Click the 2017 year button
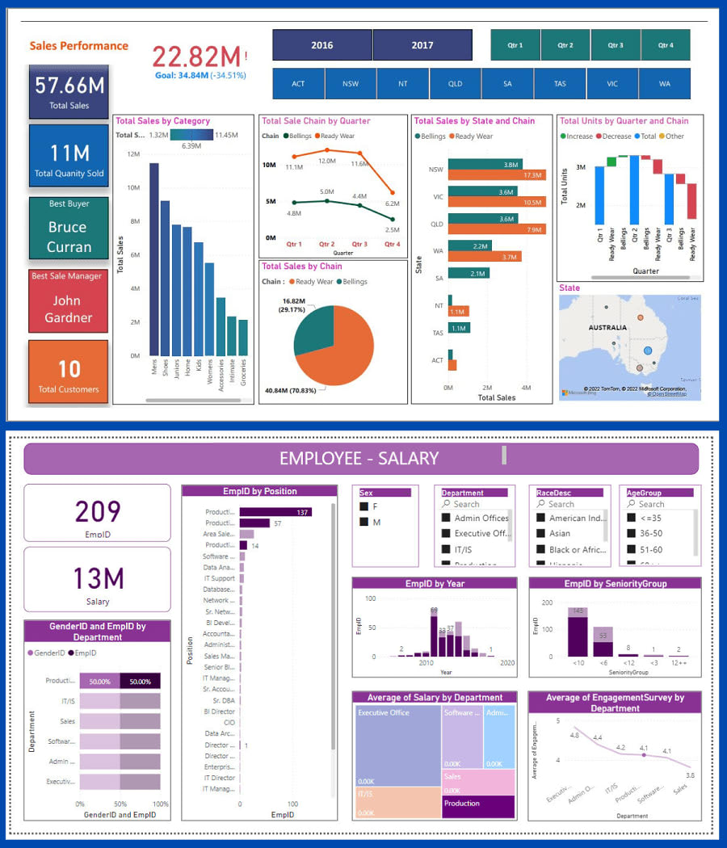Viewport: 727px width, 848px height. pos(422,45)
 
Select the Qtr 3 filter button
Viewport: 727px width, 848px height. pos(616,45)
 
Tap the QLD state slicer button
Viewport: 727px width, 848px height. pos(456,83)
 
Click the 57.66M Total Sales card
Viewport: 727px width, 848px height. pos(69,91)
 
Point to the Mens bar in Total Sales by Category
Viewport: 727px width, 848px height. pos(153,258)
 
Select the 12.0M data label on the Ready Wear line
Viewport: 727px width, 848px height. pos(326,161)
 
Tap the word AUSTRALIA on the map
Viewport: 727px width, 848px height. pos(607,327)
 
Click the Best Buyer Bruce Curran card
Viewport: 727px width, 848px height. pos(69,228)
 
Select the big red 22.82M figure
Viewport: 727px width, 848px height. pos(196,57)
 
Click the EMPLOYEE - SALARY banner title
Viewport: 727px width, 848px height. pos(359,458)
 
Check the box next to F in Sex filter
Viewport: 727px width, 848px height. pos(363,506)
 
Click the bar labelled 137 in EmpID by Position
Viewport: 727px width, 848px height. pos(275,511)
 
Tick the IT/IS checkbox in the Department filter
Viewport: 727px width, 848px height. pos(445,549)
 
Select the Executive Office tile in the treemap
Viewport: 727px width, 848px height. pos(397,743)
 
